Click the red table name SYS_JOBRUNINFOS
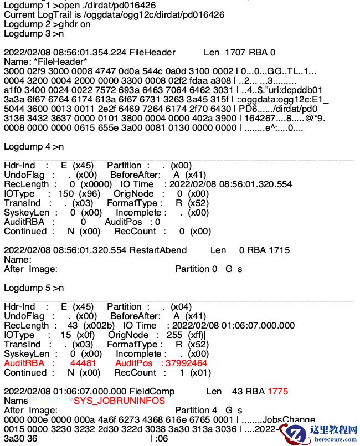pyautogui.click(x=119, y=401)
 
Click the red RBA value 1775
pyautogui.click(x=277, y=391)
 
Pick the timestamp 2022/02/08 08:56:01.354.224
pyautogui.click(x=65, y=52)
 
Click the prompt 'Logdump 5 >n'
pyautogui.click(x=34, y=288)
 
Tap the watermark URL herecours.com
pyautogui.click(x=330, y=439)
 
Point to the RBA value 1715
pyautogui.click(x=277, y=250)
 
